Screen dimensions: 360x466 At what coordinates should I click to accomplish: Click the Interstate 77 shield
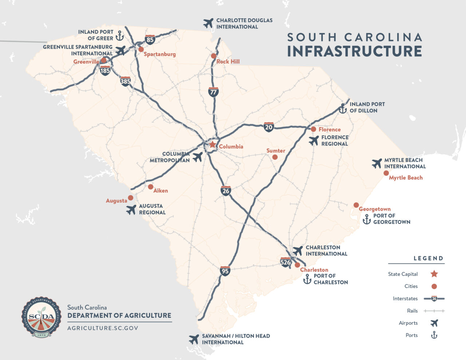tap(213, 92)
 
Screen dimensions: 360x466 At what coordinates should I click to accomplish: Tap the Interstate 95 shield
tap(225, 271)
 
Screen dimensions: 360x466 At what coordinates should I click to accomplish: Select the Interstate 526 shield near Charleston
tap(285, 262)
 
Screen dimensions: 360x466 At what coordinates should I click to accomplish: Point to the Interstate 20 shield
tap(269, 127)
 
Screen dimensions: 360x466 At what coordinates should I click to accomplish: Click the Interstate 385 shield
tap(125, 81)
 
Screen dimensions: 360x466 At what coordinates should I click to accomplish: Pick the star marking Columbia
tap(213, 145)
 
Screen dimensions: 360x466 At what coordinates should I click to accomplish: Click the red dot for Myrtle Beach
tap(386, 173)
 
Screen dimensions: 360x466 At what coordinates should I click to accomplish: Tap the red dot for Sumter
tap(275, 157)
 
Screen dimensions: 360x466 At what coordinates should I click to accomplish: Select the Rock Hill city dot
tap(214, 56)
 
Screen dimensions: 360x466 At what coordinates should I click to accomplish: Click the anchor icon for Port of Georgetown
tap(367, 219)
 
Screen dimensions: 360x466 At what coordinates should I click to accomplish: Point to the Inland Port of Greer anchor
tap(119, 35)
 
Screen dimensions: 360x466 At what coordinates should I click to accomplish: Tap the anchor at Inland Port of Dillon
tap(343, 108)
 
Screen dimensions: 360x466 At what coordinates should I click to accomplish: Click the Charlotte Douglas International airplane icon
tap(208, 23)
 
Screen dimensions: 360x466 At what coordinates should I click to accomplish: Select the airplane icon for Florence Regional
tap(313, 141)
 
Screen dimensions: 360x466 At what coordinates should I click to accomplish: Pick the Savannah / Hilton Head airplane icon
tap(194, 339)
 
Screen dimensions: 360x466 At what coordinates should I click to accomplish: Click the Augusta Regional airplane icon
tap(131, 210)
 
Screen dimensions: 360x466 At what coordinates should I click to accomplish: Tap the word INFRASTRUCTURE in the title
tap(354, 51)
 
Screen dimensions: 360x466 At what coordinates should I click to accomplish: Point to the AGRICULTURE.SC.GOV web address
tap(103, 328)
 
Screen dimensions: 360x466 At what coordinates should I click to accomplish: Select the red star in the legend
tap(434, 274)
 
